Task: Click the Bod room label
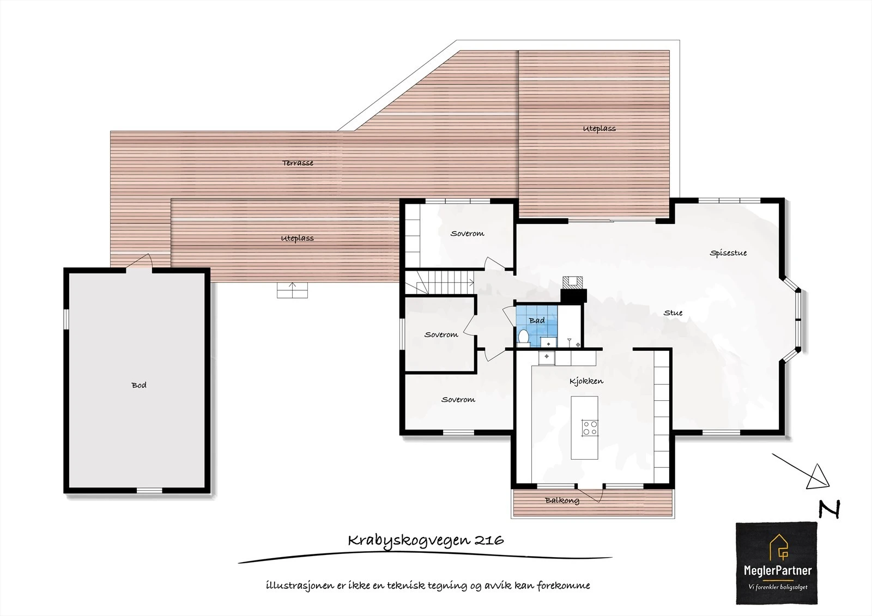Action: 139,385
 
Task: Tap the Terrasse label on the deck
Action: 298,163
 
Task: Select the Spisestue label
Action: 728,253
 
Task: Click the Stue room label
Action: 673,313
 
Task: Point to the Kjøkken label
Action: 586,381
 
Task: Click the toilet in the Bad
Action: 523,337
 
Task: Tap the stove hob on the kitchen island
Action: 589,428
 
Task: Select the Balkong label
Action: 562,500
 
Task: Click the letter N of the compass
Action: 829,509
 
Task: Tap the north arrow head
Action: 817,477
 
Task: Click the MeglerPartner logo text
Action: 777,571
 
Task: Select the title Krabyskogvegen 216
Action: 426,540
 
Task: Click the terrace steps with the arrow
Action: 293,290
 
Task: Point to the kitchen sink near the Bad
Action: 546,358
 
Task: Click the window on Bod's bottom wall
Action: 149,490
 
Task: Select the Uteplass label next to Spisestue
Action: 599,129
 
